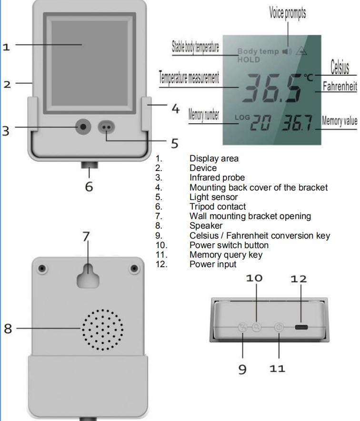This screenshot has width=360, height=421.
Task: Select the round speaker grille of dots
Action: point(101,329)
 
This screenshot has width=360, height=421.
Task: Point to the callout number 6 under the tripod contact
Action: point(89,186)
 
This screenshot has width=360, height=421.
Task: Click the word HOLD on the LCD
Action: point(249,60)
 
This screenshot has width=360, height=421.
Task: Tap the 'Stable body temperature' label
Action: point(195,48)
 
